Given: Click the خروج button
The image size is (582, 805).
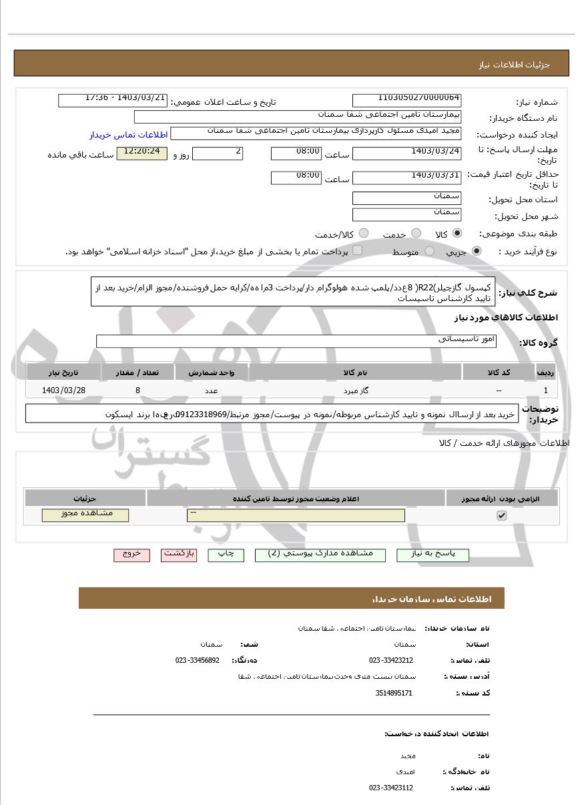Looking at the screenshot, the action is (x=131, y=555).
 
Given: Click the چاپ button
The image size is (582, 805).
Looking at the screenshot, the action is (x=226, y=555).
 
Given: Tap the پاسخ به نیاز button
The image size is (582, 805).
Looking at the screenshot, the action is (x=433, y=555).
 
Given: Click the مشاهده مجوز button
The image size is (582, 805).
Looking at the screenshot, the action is (x=85, y=515).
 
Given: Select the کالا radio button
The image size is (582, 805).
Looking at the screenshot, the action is (x=457, y=234).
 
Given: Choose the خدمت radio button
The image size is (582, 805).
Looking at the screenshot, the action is (x=416, y=234).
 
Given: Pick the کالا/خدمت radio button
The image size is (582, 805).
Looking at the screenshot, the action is (x=364, y=234).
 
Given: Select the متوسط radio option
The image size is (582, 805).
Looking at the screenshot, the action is (x=430, y=251).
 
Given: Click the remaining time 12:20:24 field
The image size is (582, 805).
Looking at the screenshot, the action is (x=141, y=154).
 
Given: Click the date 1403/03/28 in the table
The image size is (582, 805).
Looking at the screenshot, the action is (x=63, y=390).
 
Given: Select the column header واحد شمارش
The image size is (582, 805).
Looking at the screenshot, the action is (x=210, y=372).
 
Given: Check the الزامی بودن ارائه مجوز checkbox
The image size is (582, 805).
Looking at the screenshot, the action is (x=502, y=515).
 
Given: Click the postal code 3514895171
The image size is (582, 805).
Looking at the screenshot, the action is (x=394, y=693).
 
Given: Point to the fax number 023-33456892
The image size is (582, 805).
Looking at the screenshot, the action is (x=197, y=660).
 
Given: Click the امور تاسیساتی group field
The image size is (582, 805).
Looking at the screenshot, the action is (x=296, y=340).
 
